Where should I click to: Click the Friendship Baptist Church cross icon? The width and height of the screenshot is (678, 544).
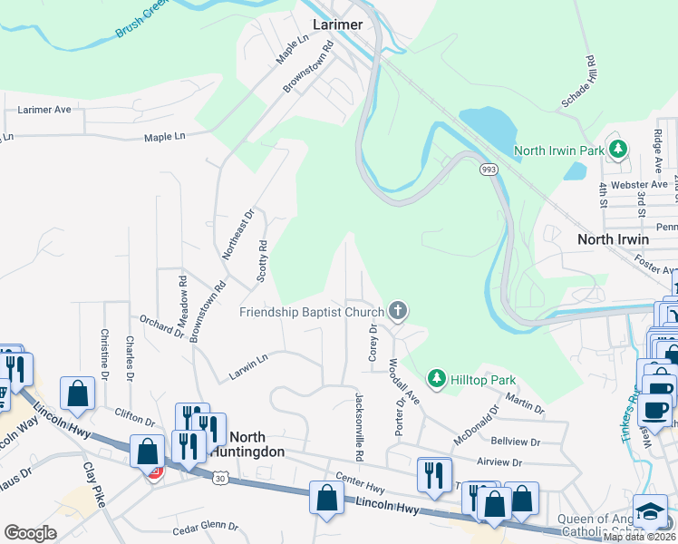tap(397, 312)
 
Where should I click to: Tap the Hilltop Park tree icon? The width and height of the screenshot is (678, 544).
tap(436, 376)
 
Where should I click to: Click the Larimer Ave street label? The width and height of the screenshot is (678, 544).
tap(44, 110)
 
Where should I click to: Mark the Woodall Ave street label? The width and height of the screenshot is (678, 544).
tap(405, 380)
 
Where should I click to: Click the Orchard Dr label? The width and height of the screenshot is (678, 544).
tap(161, 325)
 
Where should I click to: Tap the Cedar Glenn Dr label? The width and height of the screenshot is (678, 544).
tap(205, 526)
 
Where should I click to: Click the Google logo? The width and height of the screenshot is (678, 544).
tap(30, 533)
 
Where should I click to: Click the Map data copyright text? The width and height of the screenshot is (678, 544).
tap(640, 537)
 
